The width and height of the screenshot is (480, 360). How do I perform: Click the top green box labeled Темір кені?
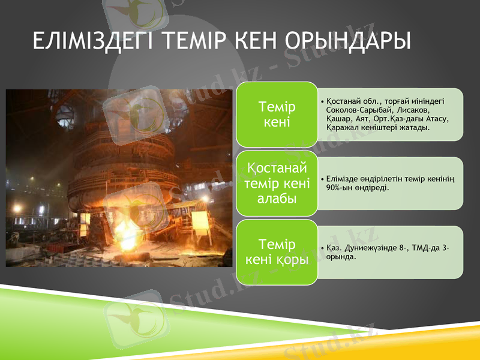(x=277, y=115)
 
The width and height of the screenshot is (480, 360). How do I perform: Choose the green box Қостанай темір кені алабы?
(x=277, y=183)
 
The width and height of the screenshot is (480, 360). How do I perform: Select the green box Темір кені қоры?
(x=277, y=252)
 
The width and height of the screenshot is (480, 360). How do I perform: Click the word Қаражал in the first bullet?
(x=342, y=127)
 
